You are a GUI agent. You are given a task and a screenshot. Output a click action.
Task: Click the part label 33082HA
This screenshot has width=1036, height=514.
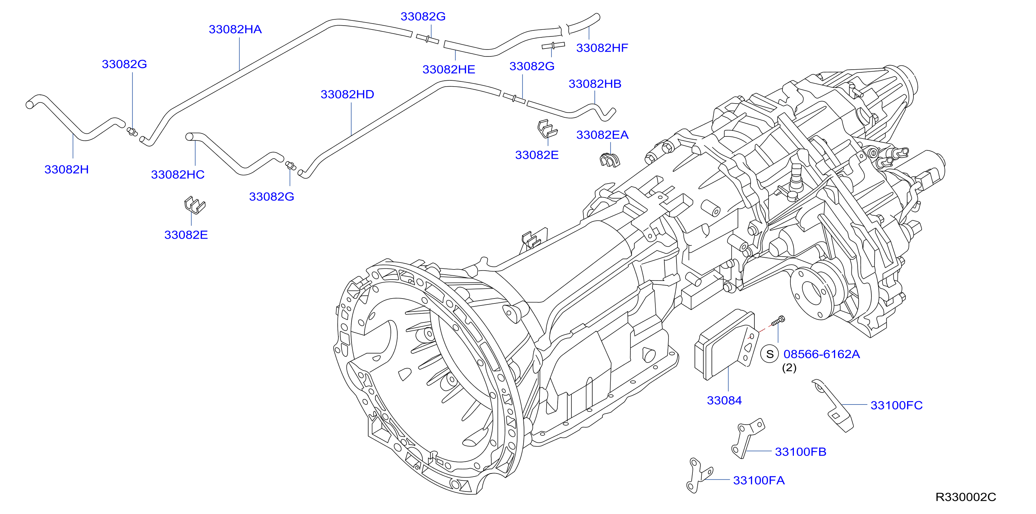point(235,29)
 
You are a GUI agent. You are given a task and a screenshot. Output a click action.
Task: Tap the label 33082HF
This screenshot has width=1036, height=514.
point(602,48)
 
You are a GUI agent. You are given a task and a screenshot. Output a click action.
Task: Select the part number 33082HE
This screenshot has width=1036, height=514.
point(449,70)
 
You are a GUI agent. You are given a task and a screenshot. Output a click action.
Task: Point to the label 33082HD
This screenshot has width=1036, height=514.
point(347,95)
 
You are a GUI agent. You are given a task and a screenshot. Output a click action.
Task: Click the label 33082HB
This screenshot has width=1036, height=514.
point(595,84)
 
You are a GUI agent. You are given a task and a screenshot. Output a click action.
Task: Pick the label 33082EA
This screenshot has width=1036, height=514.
point(602,135)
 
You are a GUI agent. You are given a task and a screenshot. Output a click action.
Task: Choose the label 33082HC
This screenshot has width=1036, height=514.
point(178,175)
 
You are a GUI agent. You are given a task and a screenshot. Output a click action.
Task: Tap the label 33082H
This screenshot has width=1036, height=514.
point(67,170)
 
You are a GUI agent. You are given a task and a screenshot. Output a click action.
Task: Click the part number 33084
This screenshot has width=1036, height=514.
point(724,401)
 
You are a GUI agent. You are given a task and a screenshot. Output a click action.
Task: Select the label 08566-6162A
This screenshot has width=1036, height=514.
point(822,354)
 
